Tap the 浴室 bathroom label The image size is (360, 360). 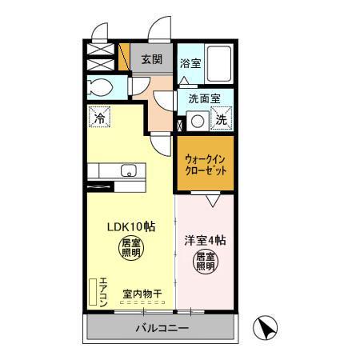pyautogui.click(x=190, y=63)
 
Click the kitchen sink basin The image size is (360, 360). pyautogui.click(x=127, y=170)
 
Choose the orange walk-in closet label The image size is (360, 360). pyautogui.click(x=205, y=164)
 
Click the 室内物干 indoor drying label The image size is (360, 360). pyautogui.click(x=142, y=294)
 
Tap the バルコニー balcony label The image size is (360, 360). pyautogui.click(x=161, y=328)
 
